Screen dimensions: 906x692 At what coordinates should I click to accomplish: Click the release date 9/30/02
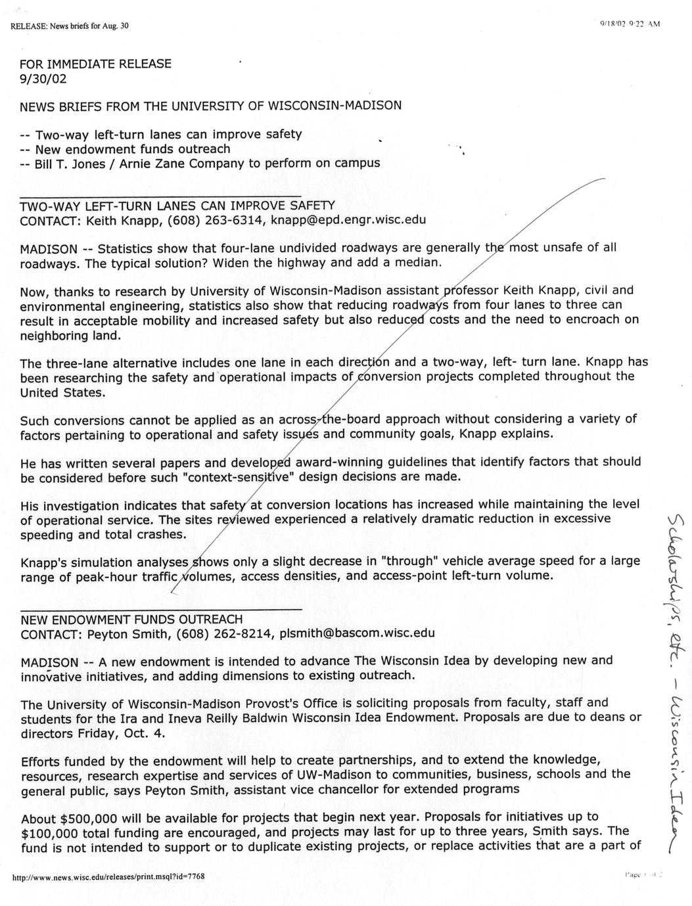coord(43,79)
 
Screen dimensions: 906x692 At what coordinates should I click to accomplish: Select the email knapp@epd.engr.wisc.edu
coord(349,219)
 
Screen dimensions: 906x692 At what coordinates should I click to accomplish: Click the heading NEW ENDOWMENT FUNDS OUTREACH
coord(131,619)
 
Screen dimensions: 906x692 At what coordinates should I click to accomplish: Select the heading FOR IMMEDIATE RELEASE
coord(95,64)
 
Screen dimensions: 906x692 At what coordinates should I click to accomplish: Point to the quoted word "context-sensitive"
coord(239,477)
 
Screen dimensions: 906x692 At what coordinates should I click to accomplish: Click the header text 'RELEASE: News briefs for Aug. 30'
coord(70,26)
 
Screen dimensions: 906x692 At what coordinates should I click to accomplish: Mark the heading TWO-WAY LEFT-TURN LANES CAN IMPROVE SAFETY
coord(177,205)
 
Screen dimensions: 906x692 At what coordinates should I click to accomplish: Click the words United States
coord(62,393)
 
